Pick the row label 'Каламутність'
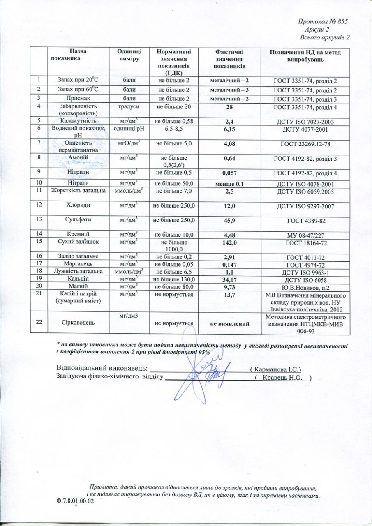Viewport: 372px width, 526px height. click(x=78, y=121)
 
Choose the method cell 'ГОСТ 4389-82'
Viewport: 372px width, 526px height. click(x=305, y=221)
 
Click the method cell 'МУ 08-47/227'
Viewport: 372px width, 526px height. click(x=305, y=235)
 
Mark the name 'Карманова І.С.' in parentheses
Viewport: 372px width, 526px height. click(x=276, y=369)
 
